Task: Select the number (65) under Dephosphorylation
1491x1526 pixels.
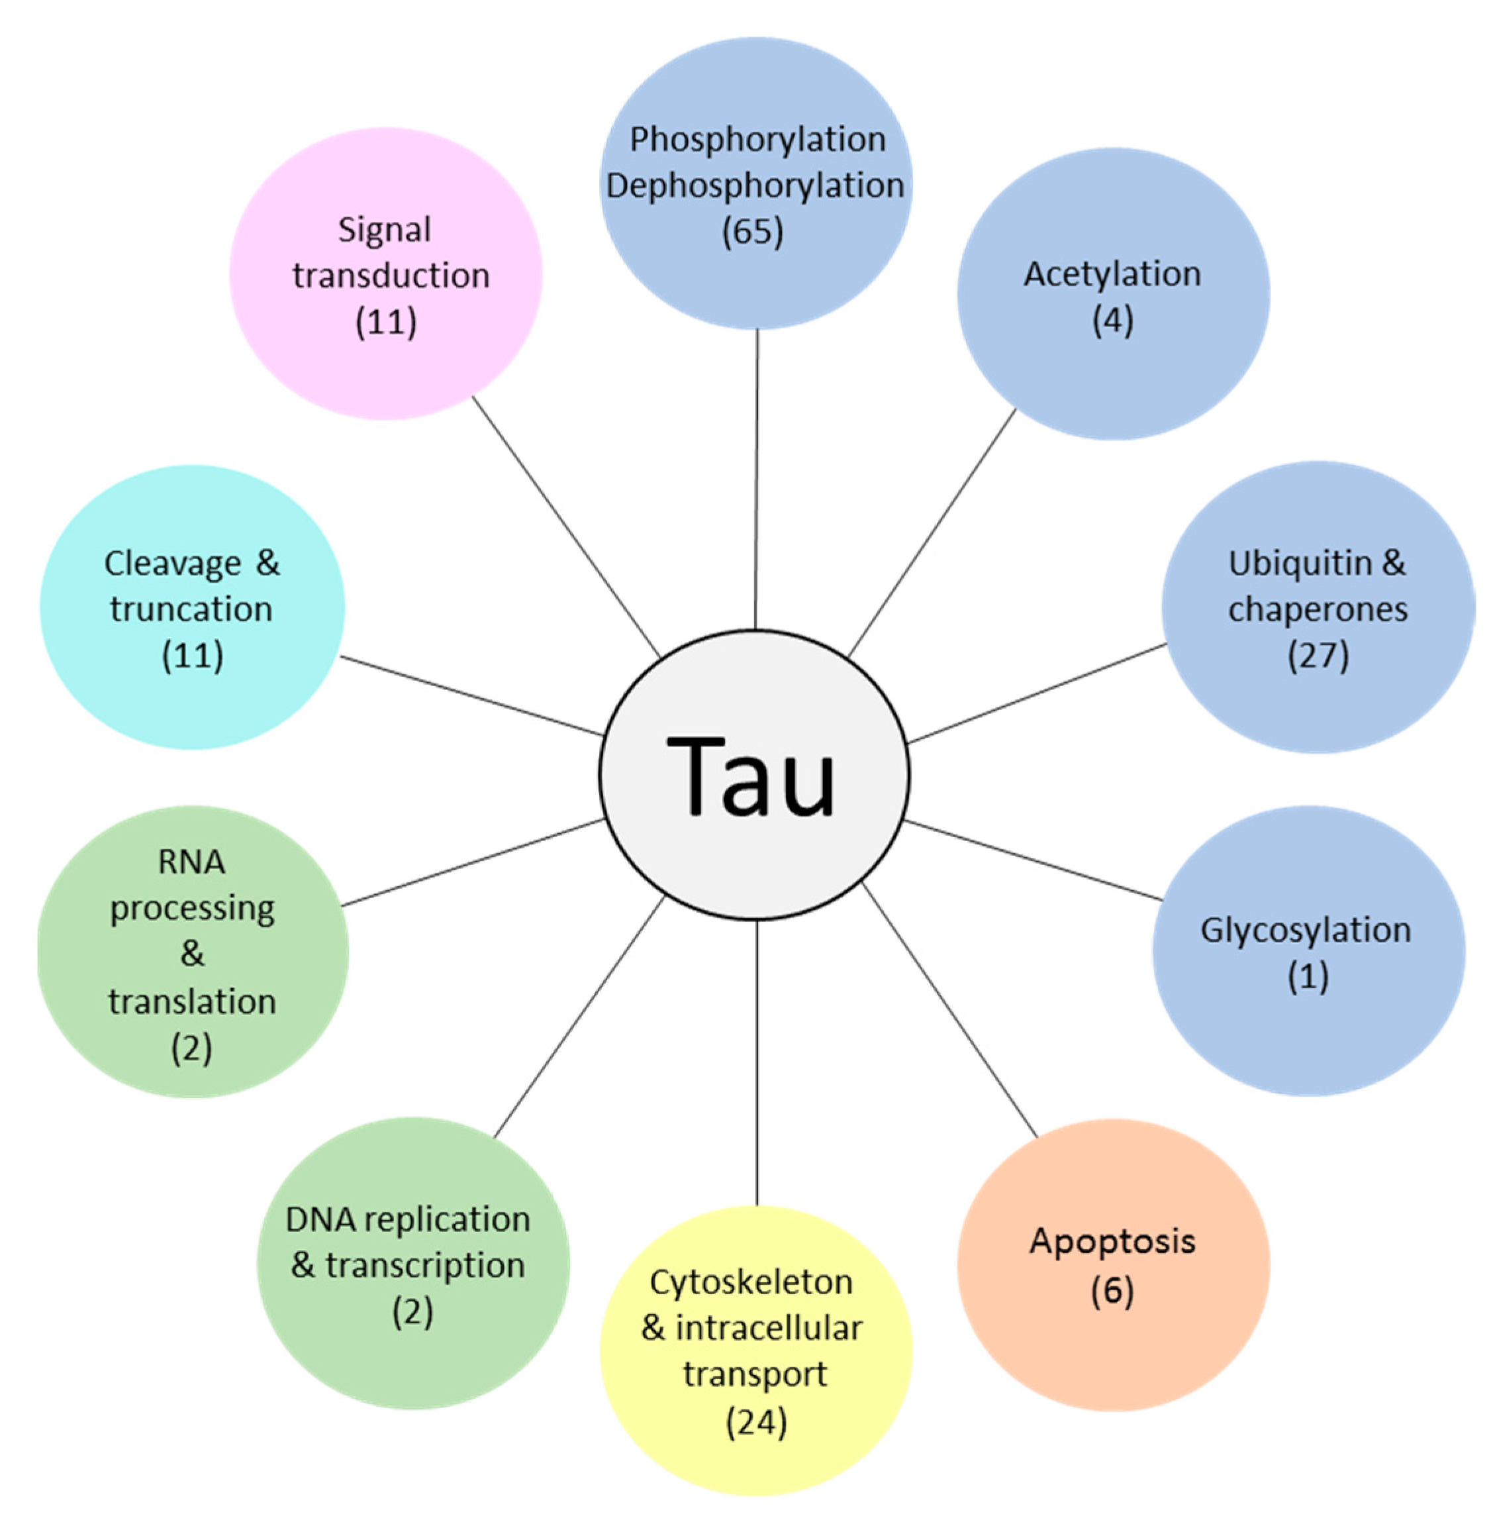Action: click(x=753, y=232)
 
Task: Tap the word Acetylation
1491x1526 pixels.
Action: click(x=1112, y=274)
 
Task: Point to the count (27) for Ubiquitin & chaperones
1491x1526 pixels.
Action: click(x=1319, y=655)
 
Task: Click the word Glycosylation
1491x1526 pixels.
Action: click(x=1306, y=930)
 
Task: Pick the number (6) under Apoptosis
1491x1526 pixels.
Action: click(x=1112, y=1290)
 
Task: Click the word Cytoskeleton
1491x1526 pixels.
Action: click(x=751, y=1282)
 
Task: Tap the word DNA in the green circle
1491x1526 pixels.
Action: click(x=320, y=1220)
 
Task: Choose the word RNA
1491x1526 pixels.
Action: click(x=192, y=862)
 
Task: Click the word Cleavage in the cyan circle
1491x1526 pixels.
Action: click(x=173, y=563)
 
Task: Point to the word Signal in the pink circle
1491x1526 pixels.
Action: click(x=385, y=230)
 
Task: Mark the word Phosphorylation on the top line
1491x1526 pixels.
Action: click(x=757, y=140)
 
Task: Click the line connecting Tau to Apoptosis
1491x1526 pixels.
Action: click(x=949, y=1010)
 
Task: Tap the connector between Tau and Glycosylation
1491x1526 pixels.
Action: click(x=1034, y=860)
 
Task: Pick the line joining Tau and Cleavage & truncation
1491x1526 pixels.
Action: click(x=471, y=695)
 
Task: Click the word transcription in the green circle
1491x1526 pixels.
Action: click(x=425, y=1265)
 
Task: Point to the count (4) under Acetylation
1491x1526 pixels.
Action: click(x=1113, y=320)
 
